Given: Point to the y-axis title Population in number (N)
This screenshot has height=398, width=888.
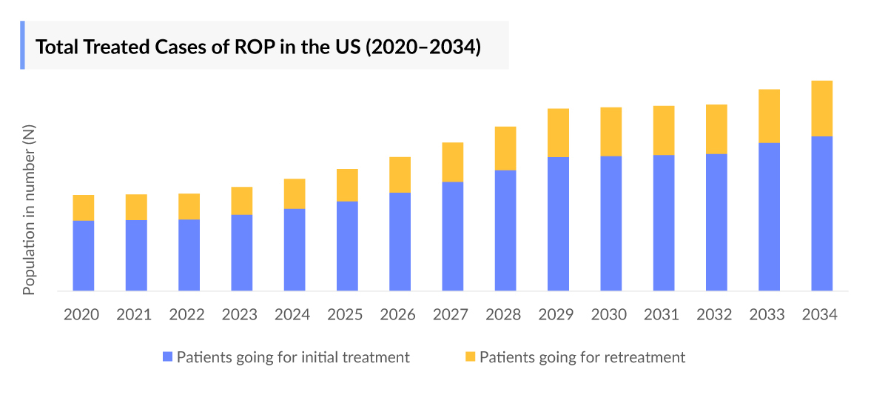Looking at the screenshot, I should [x=29, y=210].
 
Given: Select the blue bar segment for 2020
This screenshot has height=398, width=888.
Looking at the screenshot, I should [x=84, y=255].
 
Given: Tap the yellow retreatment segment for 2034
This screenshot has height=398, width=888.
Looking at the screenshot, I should [x=821, y=108].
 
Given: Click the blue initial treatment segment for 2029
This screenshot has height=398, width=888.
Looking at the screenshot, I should [x=558, y=223].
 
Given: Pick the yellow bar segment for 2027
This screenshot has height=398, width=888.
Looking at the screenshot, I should [x=453, y=162].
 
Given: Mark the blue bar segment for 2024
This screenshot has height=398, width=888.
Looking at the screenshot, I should [x=295, y=249].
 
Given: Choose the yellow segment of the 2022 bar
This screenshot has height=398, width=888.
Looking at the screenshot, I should [x=189, y=206].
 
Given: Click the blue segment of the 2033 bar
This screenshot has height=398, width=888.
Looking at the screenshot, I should [x=769, y=216].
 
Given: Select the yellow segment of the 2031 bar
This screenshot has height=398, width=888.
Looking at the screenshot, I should [x=664, y=130].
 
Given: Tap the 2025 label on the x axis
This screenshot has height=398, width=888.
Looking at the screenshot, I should [x=345, y=314].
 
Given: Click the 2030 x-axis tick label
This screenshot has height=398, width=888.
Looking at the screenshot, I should [x=609, y=314].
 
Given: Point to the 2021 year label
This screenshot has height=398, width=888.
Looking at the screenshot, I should [x=134, y=314].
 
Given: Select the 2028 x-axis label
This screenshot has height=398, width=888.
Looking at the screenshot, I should [x=503, y=314].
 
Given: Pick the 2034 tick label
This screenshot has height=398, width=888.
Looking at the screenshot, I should [x=820, y=314].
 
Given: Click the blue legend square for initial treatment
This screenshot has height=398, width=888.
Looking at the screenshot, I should [x=167, y=357].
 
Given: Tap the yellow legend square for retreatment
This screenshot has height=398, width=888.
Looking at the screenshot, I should [x=470, y=357].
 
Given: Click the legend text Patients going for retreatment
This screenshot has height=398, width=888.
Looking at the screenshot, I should [x=582, y=357].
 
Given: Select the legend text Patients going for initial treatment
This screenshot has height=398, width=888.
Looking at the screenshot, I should [x=293, y=357].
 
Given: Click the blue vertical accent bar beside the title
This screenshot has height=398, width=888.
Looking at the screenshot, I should [x=22, y=45].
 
